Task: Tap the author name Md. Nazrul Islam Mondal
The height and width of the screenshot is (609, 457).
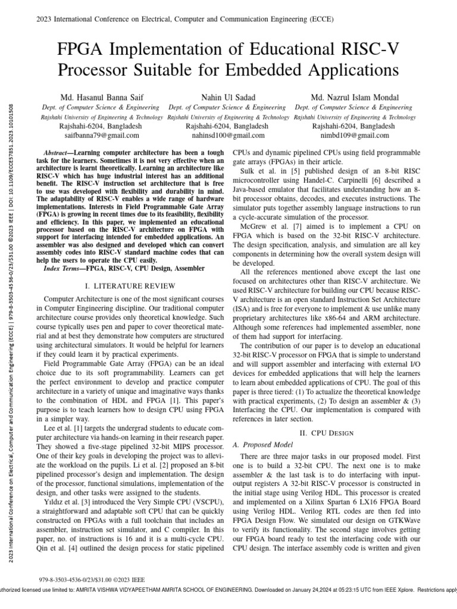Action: point(355,97)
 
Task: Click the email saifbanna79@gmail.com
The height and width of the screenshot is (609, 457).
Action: point(100,136)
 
